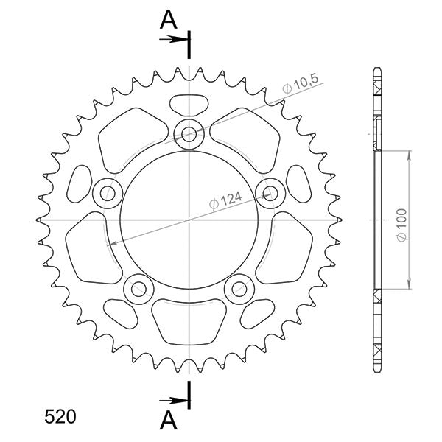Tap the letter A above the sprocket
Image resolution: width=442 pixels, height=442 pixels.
[x=169, y=22]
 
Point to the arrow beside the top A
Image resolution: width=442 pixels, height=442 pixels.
[x=174, y=39]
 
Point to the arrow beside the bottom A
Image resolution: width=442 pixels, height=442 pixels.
[x=174, y=401]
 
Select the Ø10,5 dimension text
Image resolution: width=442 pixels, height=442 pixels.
[x=300, y=88]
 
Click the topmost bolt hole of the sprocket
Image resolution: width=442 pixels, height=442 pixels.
[x=190, y=133]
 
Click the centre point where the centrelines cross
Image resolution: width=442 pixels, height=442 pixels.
[x=190, y=220]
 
